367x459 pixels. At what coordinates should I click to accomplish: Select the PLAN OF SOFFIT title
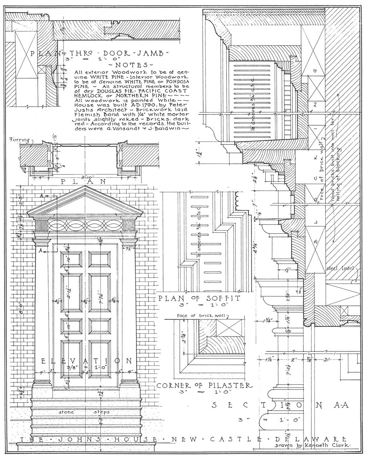coord(199,298)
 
